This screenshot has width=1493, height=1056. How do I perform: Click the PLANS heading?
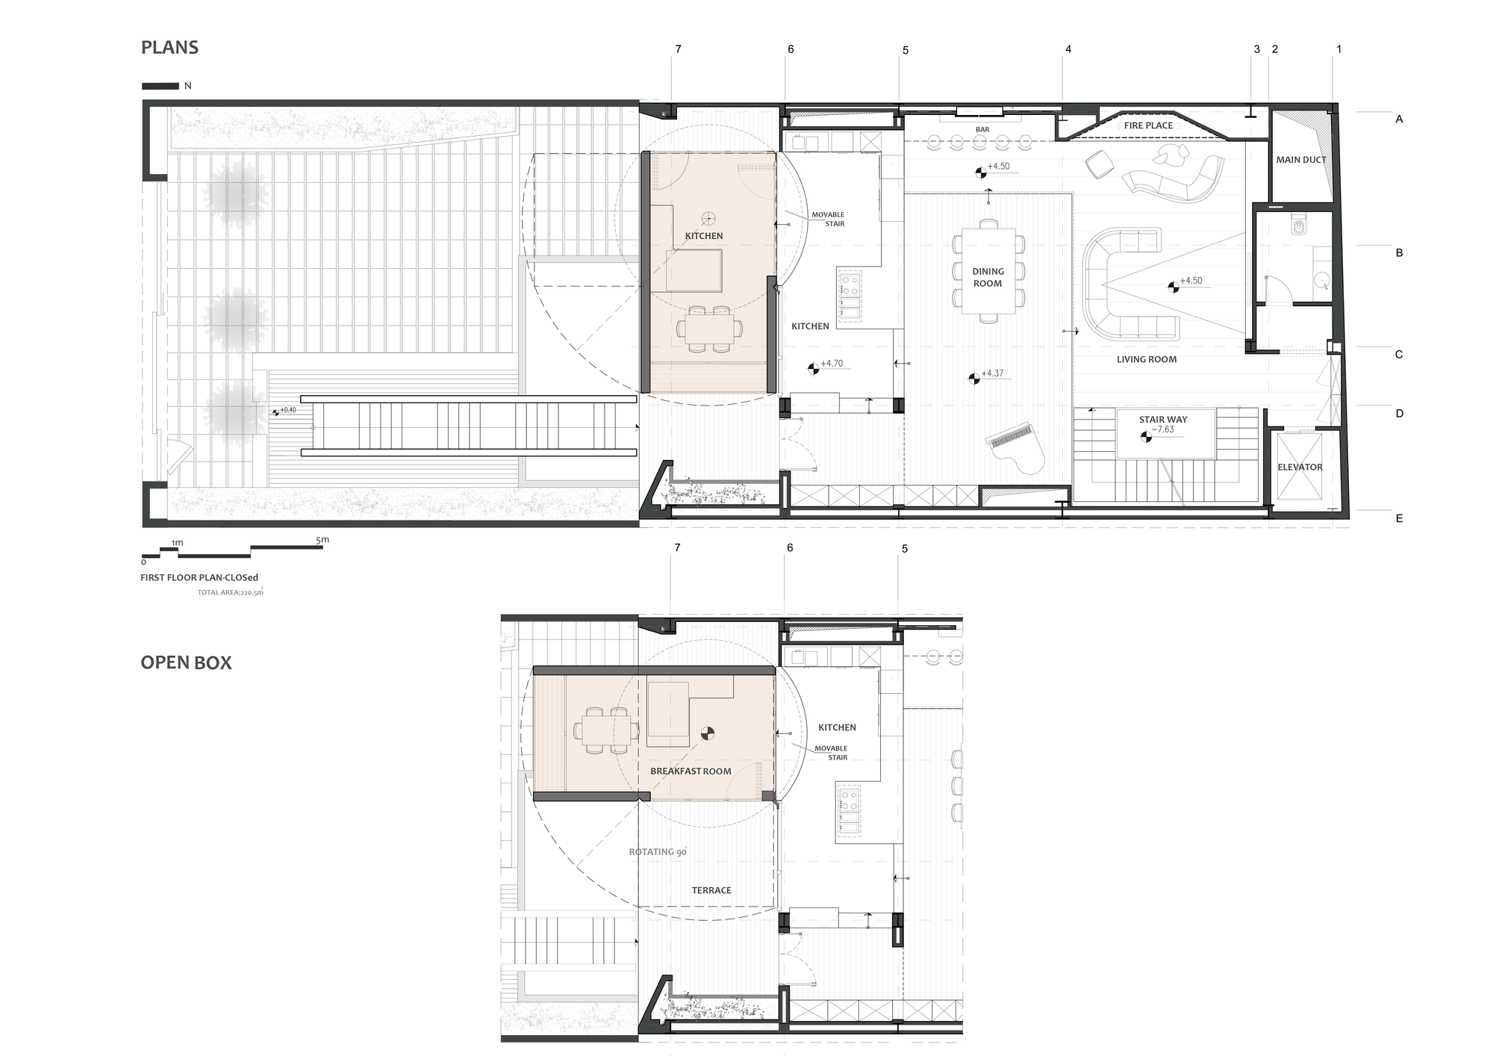[169, 48]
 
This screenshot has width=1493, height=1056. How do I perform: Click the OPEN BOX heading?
[186, 663]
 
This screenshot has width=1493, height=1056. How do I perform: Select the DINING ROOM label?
[988, 278]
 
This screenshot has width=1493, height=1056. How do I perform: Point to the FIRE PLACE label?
[1148, 125]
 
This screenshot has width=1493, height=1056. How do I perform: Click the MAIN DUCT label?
[1301, 160]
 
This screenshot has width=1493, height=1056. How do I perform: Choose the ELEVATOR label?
[1300, 468]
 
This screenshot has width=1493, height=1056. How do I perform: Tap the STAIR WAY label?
[1163, 420]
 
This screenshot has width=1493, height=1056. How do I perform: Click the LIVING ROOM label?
[1147, 359]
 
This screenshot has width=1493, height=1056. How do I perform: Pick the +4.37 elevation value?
[993, 373]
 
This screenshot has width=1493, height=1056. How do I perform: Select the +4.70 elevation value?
[832, 364]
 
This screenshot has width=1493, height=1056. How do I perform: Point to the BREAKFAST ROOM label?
[691, 771]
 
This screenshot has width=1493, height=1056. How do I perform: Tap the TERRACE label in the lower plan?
[711, 890]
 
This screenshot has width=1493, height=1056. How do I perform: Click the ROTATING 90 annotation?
[658, 852]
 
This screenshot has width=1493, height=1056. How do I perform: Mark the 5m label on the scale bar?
[322, 540]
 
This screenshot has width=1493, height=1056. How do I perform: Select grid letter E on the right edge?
[1399, 518]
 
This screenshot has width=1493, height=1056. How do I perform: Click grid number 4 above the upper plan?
[1068, 49]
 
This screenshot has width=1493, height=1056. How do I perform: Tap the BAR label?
[982, 130]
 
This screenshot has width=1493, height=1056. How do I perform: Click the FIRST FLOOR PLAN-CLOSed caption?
[199, 577]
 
